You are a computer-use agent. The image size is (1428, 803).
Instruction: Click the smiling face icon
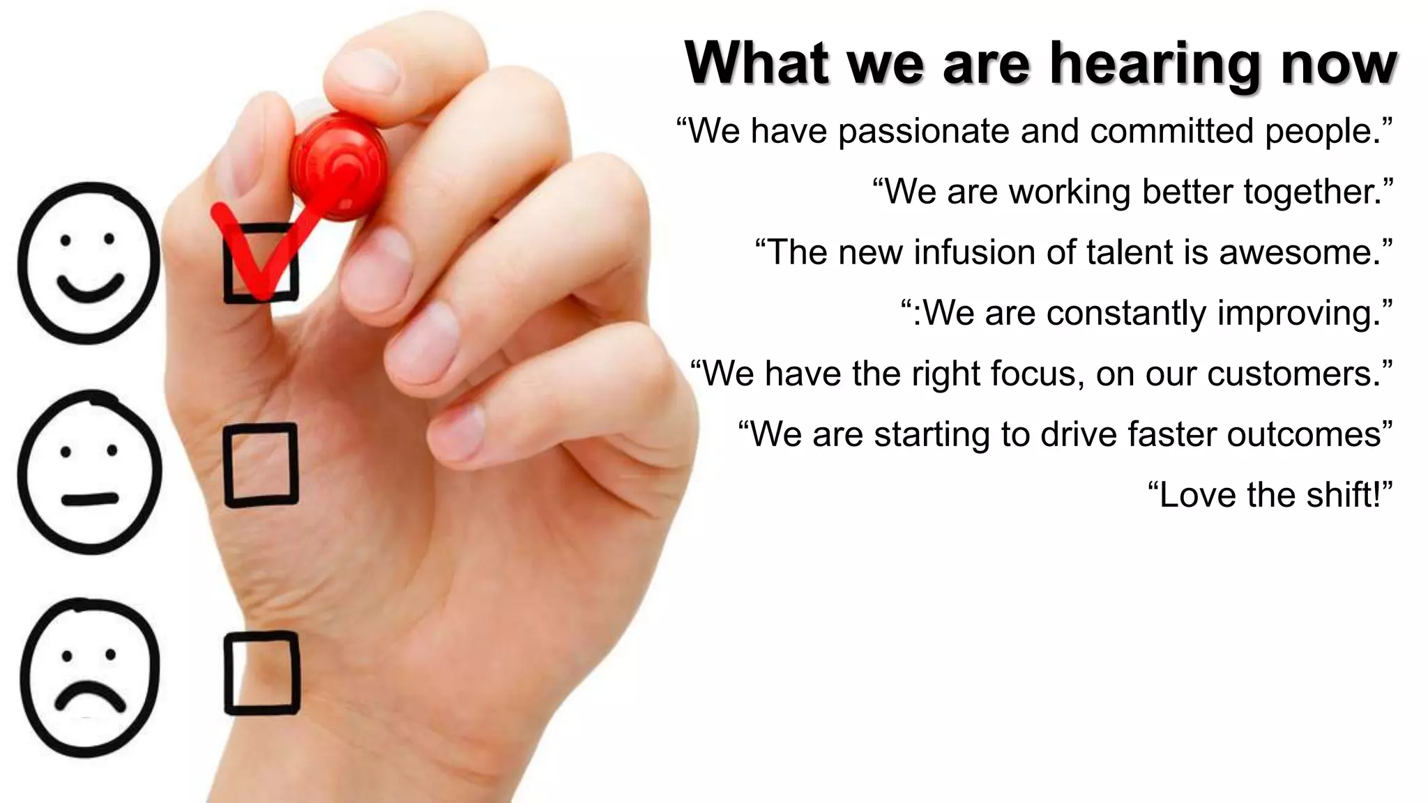pyautogui.click(x=88, y=263)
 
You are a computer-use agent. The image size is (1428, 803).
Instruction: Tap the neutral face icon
pyautogui.click(x=89, y=473)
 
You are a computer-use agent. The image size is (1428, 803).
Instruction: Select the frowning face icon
pyautogui.click(x=89, y=676)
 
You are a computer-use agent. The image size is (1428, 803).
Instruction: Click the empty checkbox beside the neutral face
pyautogui.click(x=261, y=464)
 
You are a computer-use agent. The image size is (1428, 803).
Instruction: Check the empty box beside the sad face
pyautogui.click(x=261, y=673)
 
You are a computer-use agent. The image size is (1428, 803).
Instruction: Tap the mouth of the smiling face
pyautogui.click(x=89, y=287)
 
